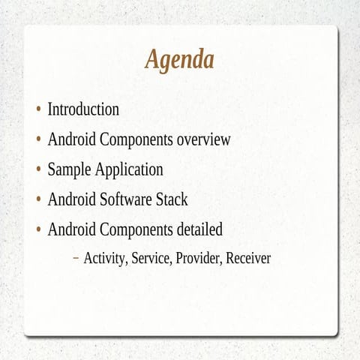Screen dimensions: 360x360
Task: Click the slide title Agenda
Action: pos(179,59)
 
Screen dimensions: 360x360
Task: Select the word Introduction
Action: pos(83,109)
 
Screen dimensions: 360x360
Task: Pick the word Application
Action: pos(128,170)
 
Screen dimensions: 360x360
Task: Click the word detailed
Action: pos(198,229)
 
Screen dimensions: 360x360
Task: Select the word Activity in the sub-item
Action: pos(105,259)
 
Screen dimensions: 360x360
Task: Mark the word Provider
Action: pos(198,259)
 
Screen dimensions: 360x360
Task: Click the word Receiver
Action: pos(248,259)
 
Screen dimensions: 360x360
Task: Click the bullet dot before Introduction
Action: pos(38,110)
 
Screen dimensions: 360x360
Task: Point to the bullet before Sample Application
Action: pos(38,170)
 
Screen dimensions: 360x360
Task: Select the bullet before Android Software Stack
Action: pos(38,200)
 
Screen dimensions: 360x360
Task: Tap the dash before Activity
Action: pos(76,259)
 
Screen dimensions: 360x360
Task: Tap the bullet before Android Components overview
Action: pos(38,140)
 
